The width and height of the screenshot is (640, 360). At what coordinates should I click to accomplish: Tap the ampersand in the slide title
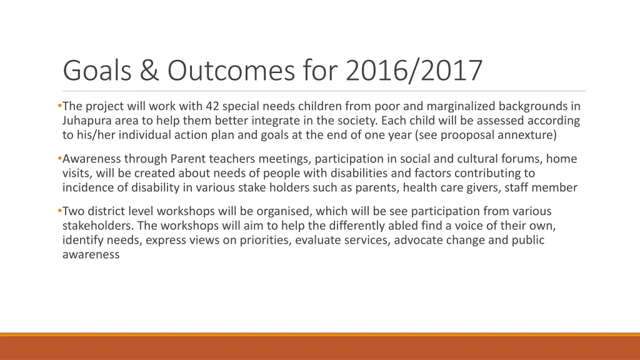pos(149,70)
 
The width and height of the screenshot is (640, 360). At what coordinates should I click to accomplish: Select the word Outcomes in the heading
pos(231,70)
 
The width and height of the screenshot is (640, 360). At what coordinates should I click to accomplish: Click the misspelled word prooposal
pos(470,134)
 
